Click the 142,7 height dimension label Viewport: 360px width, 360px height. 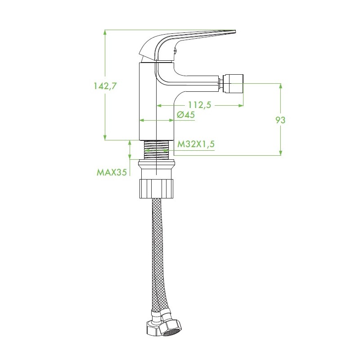tap(105, 86)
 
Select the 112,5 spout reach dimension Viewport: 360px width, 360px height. tap(199, 105)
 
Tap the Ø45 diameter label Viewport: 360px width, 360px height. tap(186, 115)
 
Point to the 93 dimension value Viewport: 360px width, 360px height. tap(280, 120)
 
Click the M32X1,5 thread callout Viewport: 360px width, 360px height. tap(196, 144)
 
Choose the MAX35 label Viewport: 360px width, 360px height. tap(112, 172)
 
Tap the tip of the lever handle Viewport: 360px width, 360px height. tap(235, 31)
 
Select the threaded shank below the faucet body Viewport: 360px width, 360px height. tap(156, 149)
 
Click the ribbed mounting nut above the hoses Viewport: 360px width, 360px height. tap(157, 189)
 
